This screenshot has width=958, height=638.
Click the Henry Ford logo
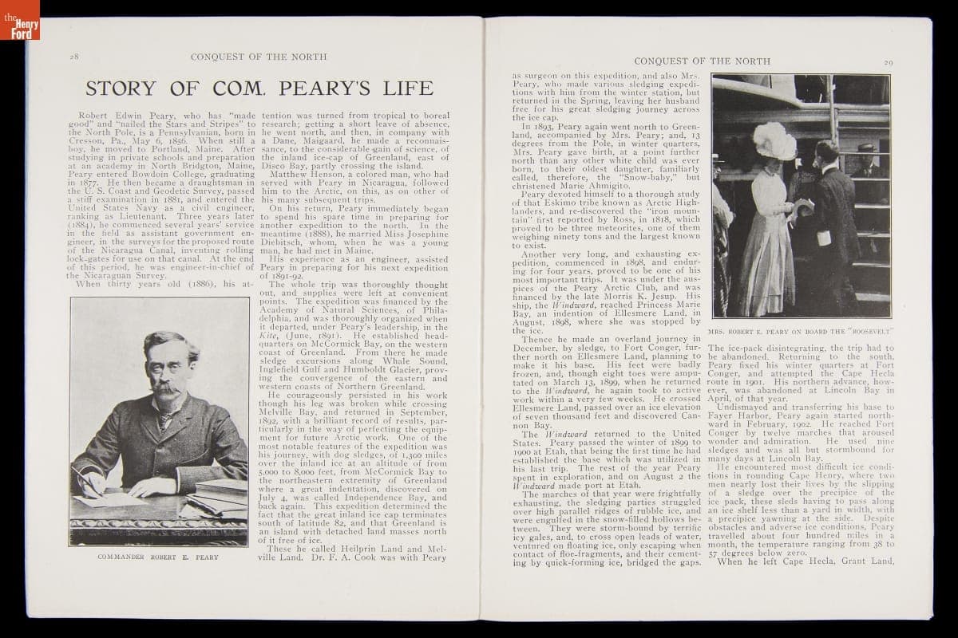(19, 25)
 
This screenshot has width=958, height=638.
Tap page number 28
(73, 57)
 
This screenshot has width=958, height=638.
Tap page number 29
(888, 61)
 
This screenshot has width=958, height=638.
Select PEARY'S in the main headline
(386, 88)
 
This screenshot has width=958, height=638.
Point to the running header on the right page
(702, 61)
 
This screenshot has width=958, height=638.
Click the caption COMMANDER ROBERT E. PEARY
(157, 557)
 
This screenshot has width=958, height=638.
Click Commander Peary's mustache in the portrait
(164, 388)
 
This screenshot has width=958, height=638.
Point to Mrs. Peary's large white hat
(774, 142)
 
